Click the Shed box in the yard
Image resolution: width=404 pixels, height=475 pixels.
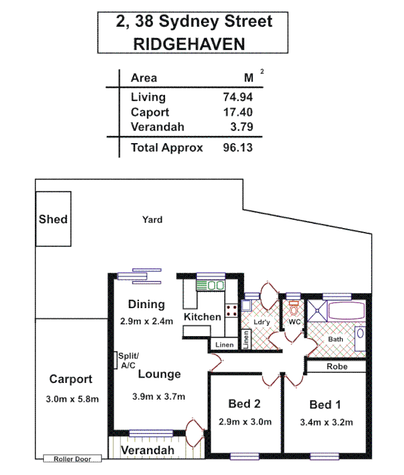click(x=53, y=218)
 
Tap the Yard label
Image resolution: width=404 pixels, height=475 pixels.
click(x=152, y=220)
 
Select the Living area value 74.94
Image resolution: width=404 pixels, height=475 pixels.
click(x=237, y=97)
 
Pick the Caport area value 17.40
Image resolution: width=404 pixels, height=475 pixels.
click(x=237, y=112)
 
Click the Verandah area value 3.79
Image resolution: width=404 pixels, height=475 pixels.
click(x=241, y=127)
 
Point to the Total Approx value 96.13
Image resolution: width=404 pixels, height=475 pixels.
click(x=237, y=148)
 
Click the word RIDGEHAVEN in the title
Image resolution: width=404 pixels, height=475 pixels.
click(x=189, y=43)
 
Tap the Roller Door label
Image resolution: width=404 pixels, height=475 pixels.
click(x=72, y=459)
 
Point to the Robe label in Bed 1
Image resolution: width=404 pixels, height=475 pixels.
click(x=336, y=367)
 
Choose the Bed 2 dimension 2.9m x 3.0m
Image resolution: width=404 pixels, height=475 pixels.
click(x=244, y=422)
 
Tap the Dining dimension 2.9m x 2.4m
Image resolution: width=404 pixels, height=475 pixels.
click(x=145, y=322)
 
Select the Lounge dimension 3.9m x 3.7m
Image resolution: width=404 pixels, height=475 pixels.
click(x=158, y=397)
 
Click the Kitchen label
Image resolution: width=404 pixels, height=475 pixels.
click(x=202, y=317)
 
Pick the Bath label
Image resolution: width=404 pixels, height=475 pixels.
click(x=336, y=339)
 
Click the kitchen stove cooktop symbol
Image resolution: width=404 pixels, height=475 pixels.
click(x=231, y=309)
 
